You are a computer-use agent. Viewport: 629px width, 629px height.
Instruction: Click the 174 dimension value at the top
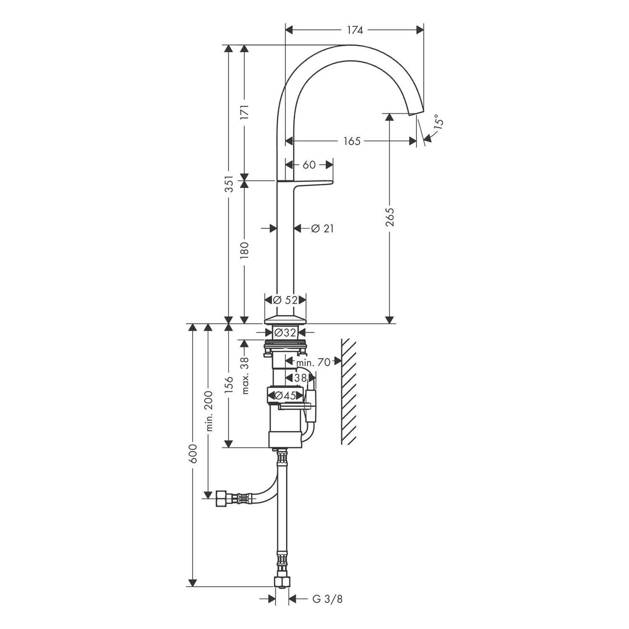pyautogui.click(x=354, y=30)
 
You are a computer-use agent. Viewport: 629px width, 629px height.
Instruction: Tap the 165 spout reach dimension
pyautogui.click(x=352, y=141)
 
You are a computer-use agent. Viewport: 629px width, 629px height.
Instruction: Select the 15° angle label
pyautogui.click(x=438, y=121)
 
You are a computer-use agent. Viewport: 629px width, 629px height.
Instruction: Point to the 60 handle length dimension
pyautogui.click(x=309, y=165)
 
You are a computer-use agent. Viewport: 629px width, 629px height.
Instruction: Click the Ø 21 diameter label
pyautogui.click(x=322, y=229)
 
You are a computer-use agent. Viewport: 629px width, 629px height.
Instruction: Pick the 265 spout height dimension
pyautogui.click(x=390, y=217)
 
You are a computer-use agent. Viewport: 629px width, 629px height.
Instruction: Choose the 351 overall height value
pyautogui.click(x=229, y=184)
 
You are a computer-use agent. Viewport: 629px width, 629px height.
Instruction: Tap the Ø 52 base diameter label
pyautogui.click(x=285, y=300)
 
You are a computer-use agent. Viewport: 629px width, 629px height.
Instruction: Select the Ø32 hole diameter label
pyautogui.click(x=285, y=333)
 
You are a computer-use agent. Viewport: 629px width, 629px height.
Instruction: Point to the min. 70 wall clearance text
pyautogui.click(x=313, y=362)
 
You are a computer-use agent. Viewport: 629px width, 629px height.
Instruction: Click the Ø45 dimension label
pyautogui.click(x=285, y=395)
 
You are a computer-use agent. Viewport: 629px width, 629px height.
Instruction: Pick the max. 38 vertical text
pyautogui.click(x=245, y=375)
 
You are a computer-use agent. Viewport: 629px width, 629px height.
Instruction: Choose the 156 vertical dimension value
pyautogui.click(x=229, y=385)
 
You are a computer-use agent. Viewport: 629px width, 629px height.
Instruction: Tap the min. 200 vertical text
pyautogui.click(x=210, y=411)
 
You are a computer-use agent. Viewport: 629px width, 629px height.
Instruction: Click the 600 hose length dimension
pyautogui.click(x=193, y=454)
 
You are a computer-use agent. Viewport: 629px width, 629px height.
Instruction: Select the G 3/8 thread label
pyautogui.click(x=327, y=599)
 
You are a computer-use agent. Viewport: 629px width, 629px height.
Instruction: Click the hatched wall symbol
pyautogui.click(x=348, y=391)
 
